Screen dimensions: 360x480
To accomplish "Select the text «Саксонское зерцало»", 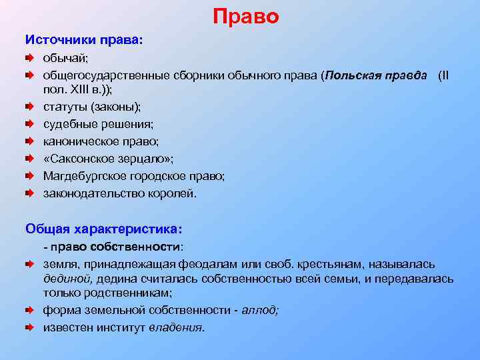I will pos(107,159).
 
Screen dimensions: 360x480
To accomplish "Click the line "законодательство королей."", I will pos(120,193).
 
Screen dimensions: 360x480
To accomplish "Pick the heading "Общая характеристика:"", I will pos(103,229).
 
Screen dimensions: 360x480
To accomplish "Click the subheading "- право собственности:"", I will pos(113,247).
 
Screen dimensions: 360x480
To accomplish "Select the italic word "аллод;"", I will pos(260,310).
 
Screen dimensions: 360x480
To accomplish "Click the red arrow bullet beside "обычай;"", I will pos(30,59).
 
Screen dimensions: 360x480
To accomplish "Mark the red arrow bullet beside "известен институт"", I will pos(30,327).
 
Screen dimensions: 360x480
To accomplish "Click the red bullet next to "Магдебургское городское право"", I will pos(30,176).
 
